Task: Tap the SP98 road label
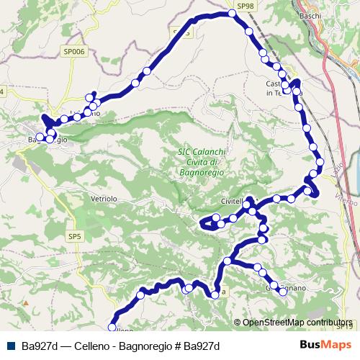click(x=246, y=6)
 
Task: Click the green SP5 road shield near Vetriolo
click(x=74, y=235)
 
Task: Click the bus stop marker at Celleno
click(x=112, y=328)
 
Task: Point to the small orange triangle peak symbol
click(x=26, y=303)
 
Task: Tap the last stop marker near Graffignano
click(x=283, y=292)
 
